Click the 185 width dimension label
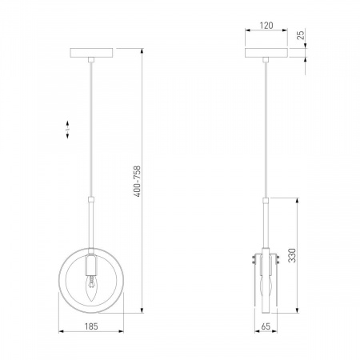(x=91, y=326)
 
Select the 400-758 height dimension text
(x=137, y=182)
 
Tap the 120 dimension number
(x=266, y=26)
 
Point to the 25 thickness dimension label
(x=301, y=35)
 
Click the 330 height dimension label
(x=292, y=255)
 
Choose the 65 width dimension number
(x=266, y=326)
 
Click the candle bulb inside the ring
(x=91, y=289)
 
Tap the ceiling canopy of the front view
(x=91, y=53)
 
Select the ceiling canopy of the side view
(x=266, y=53)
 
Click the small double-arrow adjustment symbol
(x=67, y=130)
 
